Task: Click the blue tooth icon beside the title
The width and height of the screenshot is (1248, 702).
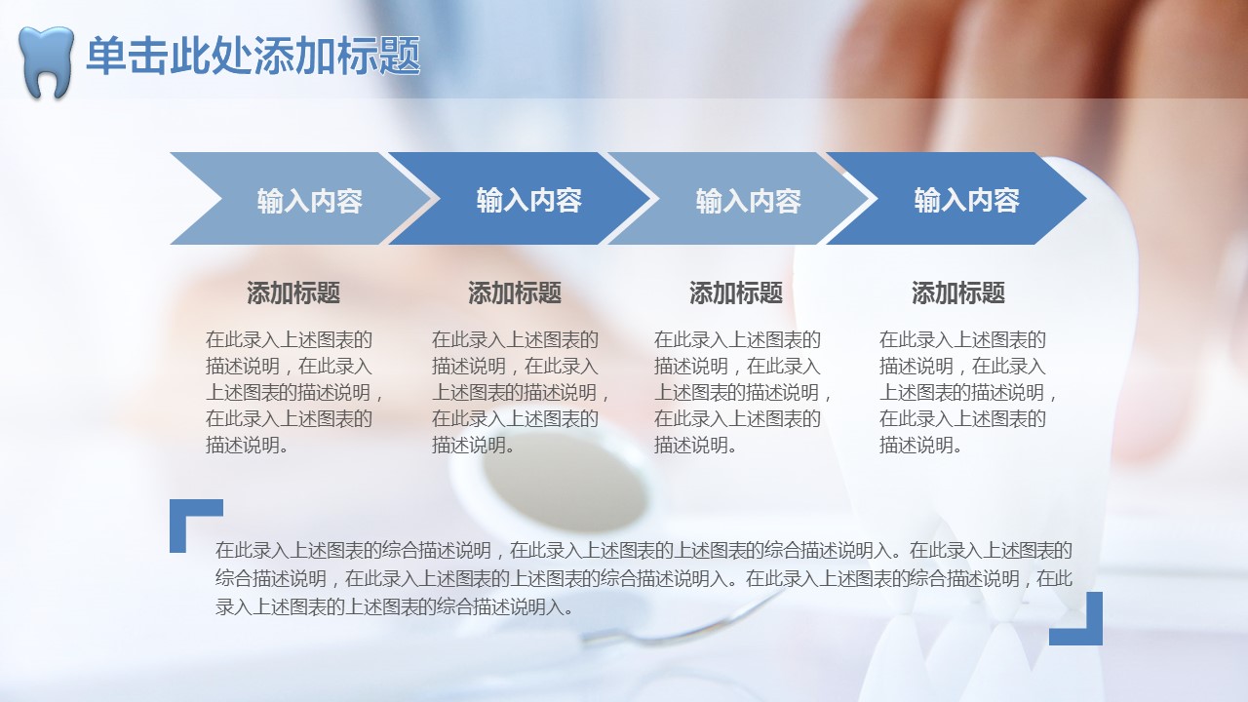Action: [x=46, y=61]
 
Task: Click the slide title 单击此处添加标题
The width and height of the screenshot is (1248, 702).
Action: [x=253, y=56]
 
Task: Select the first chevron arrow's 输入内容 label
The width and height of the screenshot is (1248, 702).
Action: [x=310, y=201]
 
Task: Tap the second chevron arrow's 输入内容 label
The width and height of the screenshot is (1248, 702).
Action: [x=528, y=200]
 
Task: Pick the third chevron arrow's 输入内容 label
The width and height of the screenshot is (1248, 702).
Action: [x=748, y=201]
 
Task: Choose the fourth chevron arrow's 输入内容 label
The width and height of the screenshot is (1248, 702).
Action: [x=966, y=200]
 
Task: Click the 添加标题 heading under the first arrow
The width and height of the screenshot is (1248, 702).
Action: [x=293, y=292]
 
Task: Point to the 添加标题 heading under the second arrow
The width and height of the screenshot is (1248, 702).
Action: [x=515, y=292]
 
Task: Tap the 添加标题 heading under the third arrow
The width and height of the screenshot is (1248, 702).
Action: [x=736, y=292]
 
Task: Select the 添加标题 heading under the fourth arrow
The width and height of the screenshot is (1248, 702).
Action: [x=958, y=292]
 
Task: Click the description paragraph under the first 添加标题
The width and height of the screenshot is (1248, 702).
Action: [x=294, y=392]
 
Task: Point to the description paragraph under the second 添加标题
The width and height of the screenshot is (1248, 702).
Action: [x=521, y=392]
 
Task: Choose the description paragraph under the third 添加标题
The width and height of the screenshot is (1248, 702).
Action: [x=743, y=392]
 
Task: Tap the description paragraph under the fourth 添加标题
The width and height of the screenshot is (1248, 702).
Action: [x=968, y=392]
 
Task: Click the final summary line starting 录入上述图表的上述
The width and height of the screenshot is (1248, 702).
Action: [x=395, y=607]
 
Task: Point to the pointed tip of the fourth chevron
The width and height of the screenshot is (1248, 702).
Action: [x=1085, y=198]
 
